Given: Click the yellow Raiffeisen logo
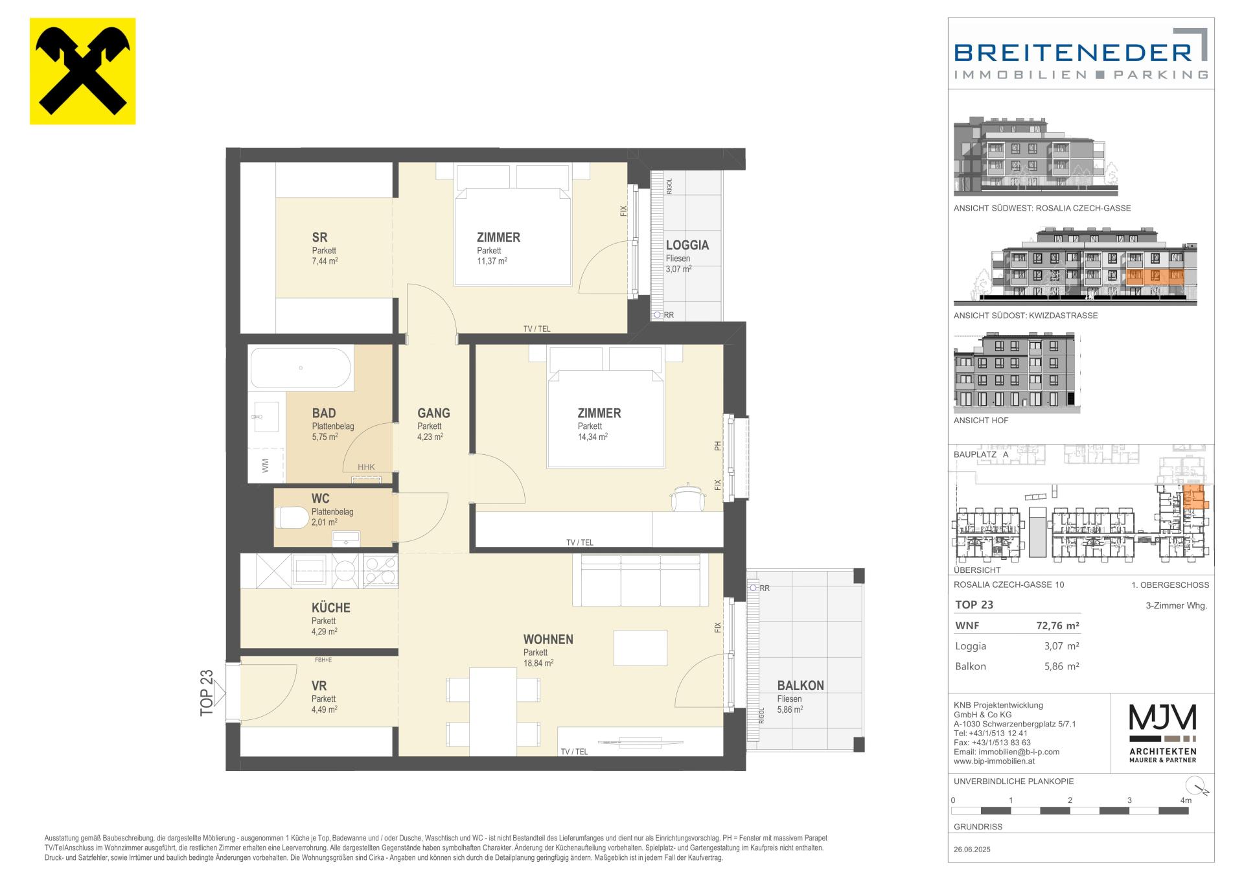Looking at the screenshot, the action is [x=82, y=71].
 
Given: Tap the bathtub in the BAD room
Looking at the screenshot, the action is [x=301, y=368].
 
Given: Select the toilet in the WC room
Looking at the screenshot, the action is [x=292, y=518].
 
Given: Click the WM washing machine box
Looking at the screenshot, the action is [x=266, y=465].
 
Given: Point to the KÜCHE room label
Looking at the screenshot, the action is [x=330, y=608].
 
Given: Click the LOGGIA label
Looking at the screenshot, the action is [x=687, y=245].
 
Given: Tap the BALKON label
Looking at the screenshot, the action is [x=800, y=686].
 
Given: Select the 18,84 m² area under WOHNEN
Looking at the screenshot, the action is [x=538, y=663].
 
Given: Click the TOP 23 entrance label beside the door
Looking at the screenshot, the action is [x=207, y=693].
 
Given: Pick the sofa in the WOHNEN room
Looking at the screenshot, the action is [x=640, y=581].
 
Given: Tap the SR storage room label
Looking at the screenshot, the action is [x=319, y=238].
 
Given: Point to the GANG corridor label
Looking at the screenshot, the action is [x=433, y=413].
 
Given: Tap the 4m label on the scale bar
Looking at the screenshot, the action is [x=1186, y=800].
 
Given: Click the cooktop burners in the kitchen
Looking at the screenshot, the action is [x=380, y=571].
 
